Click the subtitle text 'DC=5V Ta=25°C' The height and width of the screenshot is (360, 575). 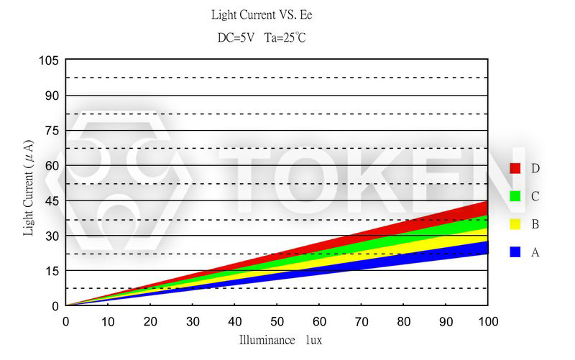coord(262,37)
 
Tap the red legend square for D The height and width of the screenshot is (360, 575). coord(515,168)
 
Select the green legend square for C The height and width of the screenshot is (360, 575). coord(515,196)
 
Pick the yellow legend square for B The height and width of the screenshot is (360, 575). coord(515,224)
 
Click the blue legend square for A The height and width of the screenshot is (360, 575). coord(515,252)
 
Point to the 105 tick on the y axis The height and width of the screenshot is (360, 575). coord(48,61)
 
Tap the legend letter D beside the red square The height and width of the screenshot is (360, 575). coord(535,168)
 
